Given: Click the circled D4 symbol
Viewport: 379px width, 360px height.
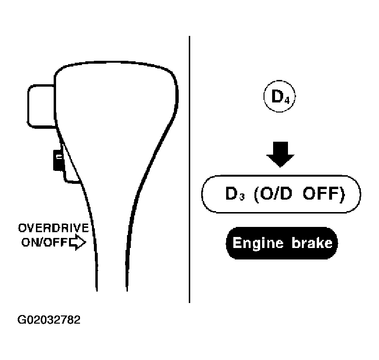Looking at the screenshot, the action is click(x=279, y=96).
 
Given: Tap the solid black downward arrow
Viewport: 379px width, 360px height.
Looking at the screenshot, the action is click(x=280, y=154).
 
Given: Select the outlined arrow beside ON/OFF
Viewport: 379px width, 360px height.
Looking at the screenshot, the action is click(x=77, y=242).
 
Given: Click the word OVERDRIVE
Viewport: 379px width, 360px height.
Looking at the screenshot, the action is click(x=54, y=228).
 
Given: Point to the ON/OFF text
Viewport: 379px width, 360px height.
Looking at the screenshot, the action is click(x=44, y=242).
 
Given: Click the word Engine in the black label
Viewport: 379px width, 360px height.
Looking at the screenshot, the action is click(x=258, y=243).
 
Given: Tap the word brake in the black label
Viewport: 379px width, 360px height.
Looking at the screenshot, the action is click(x=312, y=243).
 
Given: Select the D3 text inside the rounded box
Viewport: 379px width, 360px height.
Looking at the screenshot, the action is click(x=235, y=193).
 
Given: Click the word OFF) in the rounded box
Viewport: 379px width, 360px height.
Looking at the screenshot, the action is click(x=324, y=194).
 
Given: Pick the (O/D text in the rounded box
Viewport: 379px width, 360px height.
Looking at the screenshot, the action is click(x=273, y=194).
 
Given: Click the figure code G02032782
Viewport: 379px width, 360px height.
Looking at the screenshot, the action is click(x=49, y=320).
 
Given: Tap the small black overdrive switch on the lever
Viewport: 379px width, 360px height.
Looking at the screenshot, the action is click(x=58, y=160).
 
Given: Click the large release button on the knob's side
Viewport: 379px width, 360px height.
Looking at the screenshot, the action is click(x=41, y=106).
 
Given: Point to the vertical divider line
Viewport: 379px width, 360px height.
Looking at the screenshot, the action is click(x=190, y=169).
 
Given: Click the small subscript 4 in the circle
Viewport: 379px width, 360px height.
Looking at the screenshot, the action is click(x=287, y=100).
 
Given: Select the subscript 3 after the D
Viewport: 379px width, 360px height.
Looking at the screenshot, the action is click(x=241, y=197).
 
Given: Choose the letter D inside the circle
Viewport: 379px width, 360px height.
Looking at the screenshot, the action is click(x=277, y=96).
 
